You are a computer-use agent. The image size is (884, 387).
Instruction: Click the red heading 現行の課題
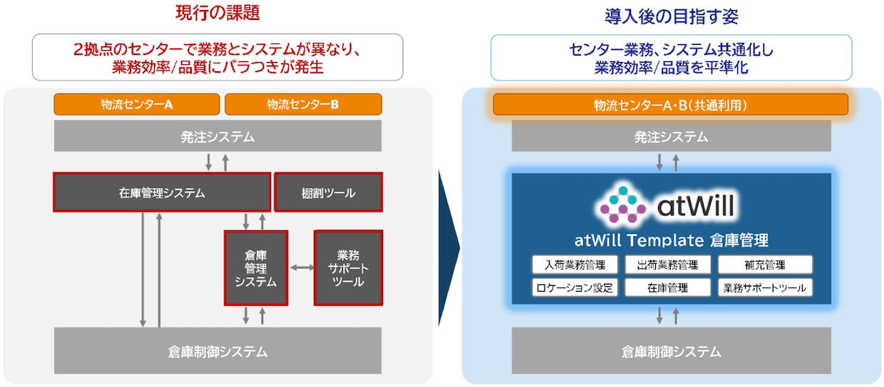click(217, 13)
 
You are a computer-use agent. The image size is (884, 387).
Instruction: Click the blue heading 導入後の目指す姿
click(672, 16)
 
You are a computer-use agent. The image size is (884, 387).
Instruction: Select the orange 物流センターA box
click(137, 104)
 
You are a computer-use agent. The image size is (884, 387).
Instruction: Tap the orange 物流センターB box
click(303, 104)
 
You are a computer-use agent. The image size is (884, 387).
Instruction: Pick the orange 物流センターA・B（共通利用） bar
click(671, 105)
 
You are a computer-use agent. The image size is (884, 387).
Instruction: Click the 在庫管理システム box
click(162, 192)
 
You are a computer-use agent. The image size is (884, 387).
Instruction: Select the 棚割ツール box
click(329, 192)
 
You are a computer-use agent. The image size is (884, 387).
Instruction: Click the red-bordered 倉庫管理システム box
click(256, 268)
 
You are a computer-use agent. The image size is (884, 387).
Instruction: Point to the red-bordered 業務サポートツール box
click(348, 268)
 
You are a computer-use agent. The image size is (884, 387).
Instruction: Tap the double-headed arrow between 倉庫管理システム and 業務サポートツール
click(302, 268)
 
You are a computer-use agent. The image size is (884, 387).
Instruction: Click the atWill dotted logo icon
click(623, 205)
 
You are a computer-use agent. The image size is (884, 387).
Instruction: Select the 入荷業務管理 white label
click(575, 264)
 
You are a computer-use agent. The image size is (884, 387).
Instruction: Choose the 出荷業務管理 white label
click(667, 264)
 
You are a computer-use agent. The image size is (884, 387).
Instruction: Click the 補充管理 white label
click(765, 264)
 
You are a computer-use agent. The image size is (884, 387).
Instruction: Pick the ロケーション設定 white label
click(575, 288)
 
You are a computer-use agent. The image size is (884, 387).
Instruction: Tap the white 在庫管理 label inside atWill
click(667, 288)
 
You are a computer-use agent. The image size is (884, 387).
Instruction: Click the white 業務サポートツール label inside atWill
click(765, 288)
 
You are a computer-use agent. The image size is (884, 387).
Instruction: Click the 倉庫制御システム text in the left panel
click(217, 351)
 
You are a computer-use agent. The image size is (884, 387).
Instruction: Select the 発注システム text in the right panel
click(671, 137)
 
